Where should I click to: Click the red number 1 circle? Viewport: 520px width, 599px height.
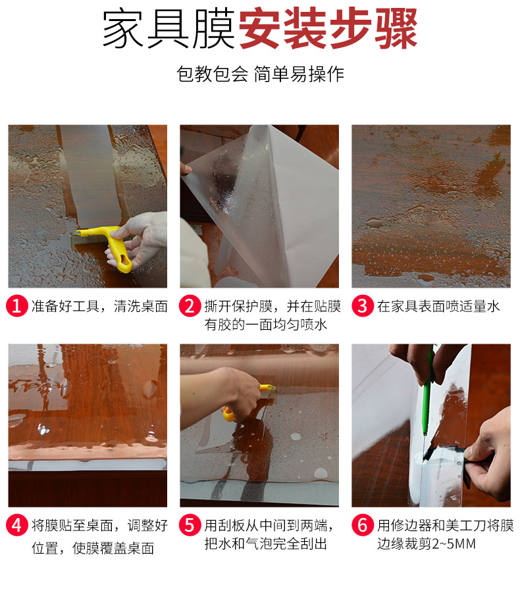(18, 306)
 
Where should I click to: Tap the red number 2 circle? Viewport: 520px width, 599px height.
(190, 306)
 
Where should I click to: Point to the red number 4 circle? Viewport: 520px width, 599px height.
(18, 525)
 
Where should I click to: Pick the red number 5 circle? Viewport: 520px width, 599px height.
(190, 525)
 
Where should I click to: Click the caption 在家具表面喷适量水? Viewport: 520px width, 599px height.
(438, 306)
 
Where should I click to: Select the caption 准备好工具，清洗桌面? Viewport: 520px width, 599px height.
(99, 306)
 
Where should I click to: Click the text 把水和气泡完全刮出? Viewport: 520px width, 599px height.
(266, 544)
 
